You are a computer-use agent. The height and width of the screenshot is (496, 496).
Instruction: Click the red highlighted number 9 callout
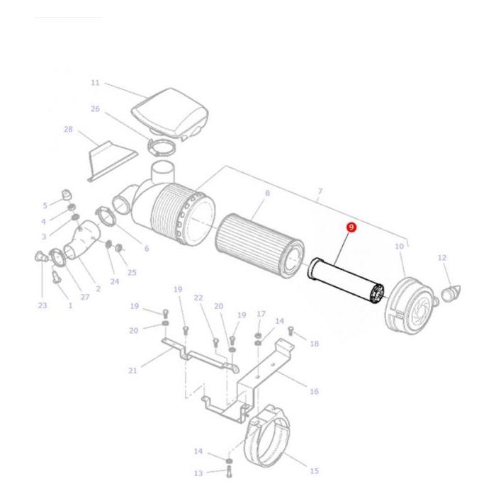coord(351,227)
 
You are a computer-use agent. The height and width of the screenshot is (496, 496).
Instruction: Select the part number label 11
coord(96,83)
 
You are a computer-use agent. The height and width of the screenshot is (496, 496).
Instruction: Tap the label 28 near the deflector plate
coord(68,129)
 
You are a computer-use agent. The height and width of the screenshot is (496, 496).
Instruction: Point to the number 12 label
coord(442,257)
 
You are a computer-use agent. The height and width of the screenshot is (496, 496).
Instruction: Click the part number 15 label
coord(314,470)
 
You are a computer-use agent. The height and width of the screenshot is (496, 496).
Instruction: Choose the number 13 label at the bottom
coord(198,473)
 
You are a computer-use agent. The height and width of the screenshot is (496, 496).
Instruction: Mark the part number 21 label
coord(133,370)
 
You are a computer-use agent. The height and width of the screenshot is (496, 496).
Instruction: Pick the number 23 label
coord(43,305)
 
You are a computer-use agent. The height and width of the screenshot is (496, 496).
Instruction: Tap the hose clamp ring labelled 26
coord(162,147)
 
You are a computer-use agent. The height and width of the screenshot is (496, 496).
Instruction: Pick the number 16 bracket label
coord(314,391)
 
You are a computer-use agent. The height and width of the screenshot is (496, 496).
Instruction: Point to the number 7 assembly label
coord(320,191)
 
